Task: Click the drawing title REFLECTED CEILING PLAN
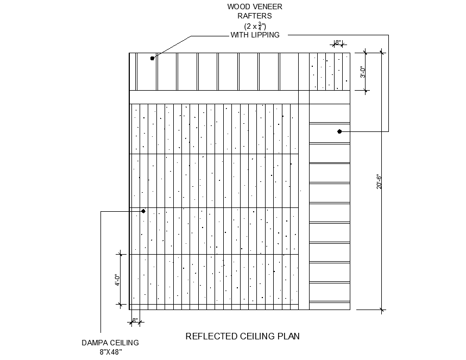point(243,336)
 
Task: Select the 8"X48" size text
point(111,352)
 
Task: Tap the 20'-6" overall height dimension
point(379,181)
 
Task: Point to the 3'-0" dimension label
point(363,72)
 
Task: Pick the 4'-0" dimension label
point(118,280)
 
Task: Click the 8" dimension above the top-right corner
point(338,42)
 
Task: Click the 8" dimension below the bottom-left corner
point(135,320)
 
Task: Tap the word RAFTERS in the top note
point(255,16)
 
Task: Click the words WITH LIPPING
point(255,35)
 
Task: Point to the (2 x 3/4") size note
point(255,26)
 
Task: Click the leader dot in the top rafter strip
point(152,58)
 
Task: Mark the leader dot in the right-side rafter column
point(339,131)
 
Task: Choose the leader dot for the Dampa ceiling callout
point(143,211)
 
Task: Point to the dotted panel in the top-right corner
point(330,72)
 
